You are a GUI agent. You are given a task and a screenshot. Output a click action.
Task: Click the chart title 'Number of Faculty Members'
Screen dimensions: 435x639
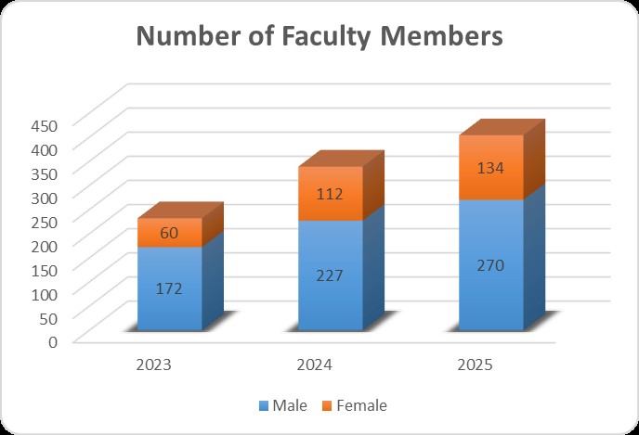tap(319, 37)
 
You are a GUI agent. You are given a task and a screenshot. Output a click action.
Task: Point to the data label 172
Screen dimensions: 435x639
tap(170, 288)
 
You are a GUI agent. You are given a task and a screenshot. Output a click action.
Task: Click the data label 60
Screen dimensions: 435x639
tap(170, 233)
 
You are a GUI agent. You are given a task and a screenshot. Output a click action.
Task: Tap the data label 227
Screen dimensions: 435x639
tap(330, 275)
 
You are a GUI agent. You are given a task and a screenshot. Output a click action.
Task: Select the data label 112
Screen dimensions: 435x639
tap(330, 194)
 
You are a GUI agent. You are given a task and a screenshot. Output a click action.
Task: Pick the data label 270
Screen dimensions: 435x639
tap(489, 265)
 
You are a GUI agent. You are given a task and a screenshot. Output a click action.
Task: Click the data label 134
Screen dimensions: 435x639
tap(489, 168)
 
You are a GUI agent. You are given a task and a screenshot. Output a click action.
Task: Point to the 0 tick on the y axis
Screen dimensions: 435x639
tap(53, 340)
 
